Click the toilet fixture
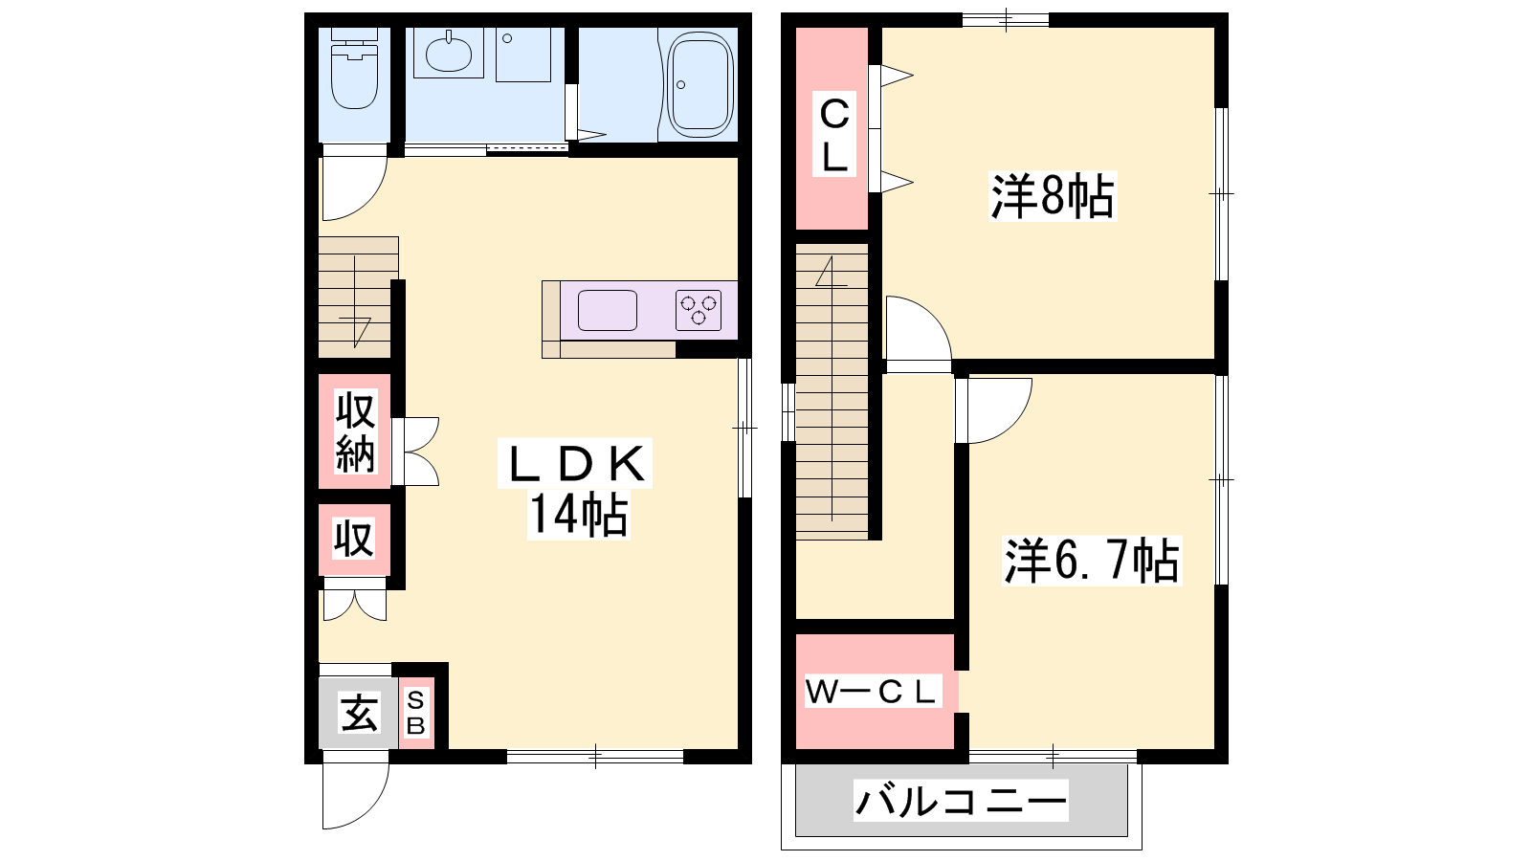pyautogui.click(x=354, y=68)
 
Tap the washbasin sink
pyautogui.click(x=449, y=53)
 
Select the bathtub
pyautogui.click(x=699, y=84)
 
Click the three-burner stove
pyautogui.click(x=698, y=310)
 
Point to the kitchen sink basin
pyautogui.click(x=607, y=310)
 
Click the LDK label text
pyautogui.click(x=575, y=464)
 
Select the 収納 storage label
pyautogui.click(x=355, y=431)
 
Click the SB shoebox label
pyautogui.click(x=415, y=713)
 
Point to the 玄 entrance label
pyautogui.click(x=359, y=713)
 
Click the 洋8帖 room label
pyautogui.click(x=1053, y=196)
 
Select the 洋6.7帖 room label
pyautogui.click(x=1092, y=561)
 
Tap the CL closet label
pyautogui.click(x=834, y=136)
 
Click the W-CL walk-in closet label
pyautogui.click(x=873, y=693)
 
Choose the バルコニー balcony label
pyautogui.click(x=961, y=801)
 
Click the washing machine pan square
pyautogui.click(x=522, y=55)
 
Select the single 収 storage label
pyautogui.click(x=353, y=539)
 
